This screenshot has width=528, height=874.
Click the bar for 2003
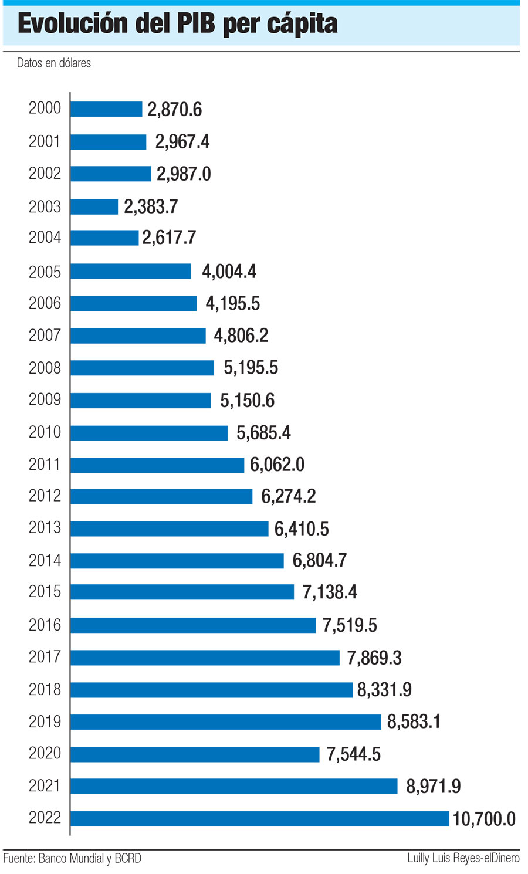click(94, 206)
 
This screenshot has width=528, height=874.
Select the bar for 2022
click(259, 818)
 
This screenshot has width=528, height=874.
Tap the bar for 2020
click(195, 754)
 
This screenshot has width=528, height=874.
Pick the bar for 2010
click(149, 433)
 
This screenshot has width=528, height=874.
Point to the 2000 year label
click(45, 108)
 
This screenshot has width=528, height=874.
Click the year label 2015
click(45, 591)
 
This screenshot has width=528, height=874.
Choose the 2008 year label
click(45, 368)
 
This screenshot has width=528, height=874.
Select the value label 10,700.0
click(484, 819)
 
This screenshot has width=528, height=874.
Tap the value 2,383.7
click(151, 206)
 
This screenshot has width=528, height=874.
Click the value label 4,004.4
click(229, 271)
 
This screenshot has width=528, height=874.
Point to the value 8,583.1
click(414, 721)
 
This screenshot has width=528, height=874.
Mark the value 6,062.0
click(277, 465)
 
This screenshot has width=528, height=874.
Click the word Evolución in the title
click(73, 23)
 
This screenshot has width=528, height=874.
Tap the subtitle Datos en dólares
click(54, 63)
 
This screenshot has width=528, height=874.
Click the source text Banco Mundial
click(70, 858)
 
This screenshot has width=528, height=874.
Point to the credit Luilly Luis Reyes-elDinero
click(463, 858)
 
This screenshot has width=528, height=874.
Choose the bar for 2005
click(130, 271)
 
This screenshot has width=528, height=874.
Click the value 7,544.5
click(353, 754)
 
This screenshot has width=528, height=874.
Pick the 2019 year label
click(45, 721)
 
